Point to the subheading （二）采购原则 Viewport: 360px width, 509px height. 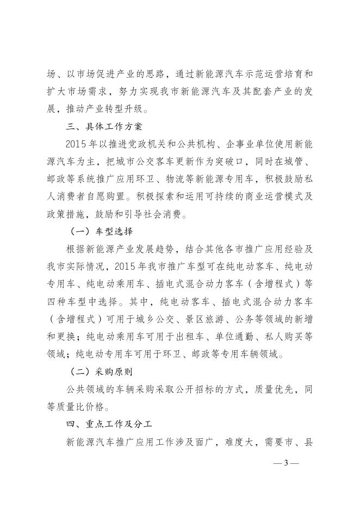102,373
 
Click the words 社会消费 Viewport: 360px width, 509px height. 171,214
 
